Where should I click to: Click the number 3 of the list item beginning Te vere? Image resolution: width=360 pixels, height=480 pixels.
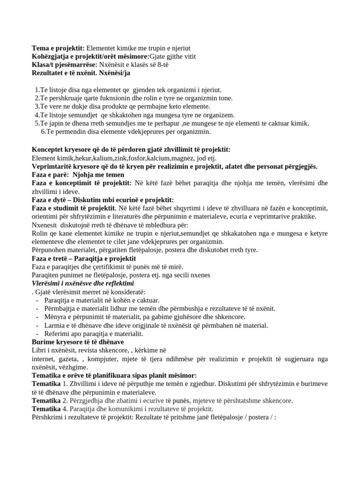tap(37, 106)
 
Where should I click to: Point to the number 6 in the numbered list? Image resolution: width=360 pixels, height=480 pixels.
tap(43, 132)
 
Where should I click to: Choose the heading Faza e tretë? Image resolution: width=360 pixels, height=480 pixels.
tap(51, 258)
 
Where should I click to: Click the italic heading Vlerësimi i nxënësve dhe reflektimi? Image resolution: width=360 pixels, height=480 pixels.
tap(82, 284)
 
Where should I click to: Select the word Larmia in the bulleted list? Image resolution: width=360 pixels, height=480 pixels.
tap(54, 325)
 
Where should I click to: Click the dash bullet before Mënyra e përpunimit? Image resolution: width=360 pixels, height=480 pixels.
tap(37, 317)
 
